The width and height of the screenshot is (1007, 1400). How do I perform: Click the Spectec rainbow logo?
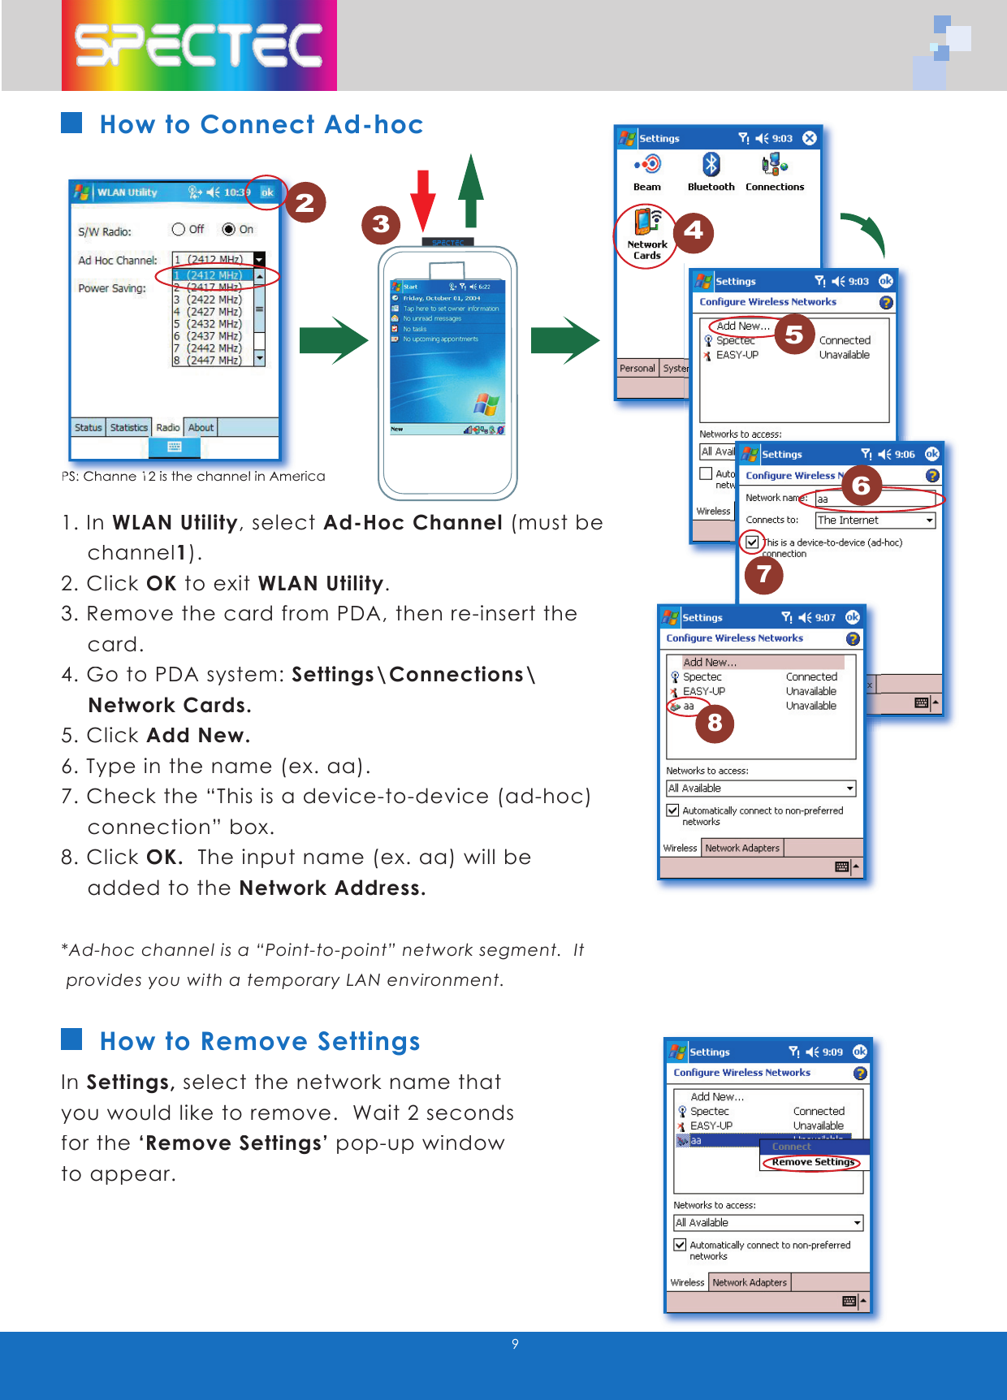point(199,45)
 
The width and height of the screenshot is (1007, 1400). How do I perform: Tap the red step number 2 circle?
point(305,202)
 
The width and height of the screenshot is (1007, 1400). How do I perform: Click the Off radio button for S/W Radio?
point(179,230)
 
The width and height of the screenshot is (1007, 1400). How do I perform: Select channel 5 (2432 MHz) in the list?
point(208,324)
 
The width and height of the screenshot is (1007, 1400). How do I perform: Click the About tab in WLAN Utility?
point(201,428)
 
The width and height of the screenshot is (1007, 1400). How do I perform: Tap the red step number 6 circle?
point(861,486)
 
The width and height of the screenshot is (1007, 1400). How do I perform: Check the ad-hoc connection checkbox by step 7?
point(752,542)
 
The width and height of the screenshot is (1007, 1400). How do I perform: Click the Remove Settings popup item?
point(813,1162)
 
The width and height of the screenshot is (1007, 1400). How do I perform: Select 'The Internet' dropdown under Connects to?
point(875,521)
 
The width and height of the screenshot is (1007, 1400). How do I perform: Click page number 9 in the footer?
point(515,1344)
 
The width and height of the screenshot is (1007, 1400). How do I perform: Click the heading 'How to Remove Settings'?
point(260,1041)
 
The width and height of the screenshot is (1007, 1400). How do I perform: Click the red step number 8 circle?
point(715,722)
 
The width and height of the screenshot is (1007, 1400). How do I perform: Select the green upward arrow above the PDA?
point(471,191)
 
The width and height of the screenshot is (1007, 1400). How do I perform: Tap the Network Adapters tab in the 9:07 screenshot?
point(741,848)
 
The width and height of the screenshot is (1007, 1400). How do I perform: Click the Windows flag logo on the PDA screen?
point(486,404)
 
